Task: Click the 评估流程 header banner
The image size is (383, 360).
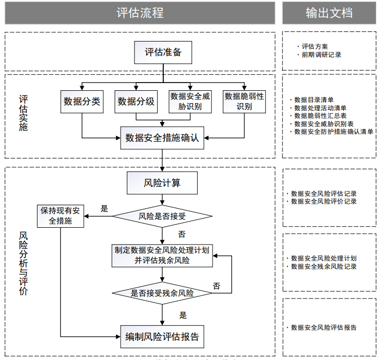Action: (140, 13)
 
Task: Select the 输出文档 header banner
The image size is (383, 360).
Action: (329, 13)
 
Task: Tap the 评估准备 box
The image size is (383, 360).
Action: (163, 52)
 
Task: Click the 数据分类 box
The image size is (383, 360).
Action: (82, 102)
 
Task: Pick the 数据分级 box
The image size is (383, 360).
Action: (136, 102)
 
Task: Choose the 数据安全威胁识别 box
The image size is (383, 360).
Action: (190, 102)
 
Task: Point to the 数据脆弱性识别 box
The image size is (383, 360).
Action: (244, 102)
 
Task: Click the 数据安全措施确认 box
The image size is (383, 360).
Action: (162, 137)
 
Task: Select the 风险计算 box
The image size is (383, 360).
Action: (162, 183)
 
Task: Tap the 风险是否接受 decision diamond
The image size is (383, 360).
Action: (162, 216)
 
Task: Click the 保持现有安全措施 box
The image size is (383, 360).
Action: (60, 216)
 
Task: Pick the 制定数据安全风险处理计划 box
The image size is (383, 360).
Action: (162, 255)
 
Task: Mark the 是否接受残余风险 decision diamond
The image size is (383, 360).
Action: (162, 293)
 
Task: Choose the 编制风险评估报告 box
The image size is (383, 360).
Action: (162, 337)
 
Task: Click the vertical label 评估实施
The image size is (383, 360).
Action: (23, 113)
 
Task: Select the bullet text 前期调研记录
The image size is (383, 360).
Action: (321, 54)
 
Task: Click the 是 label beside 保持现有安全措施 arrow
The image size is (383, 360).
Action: (104, 208)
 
